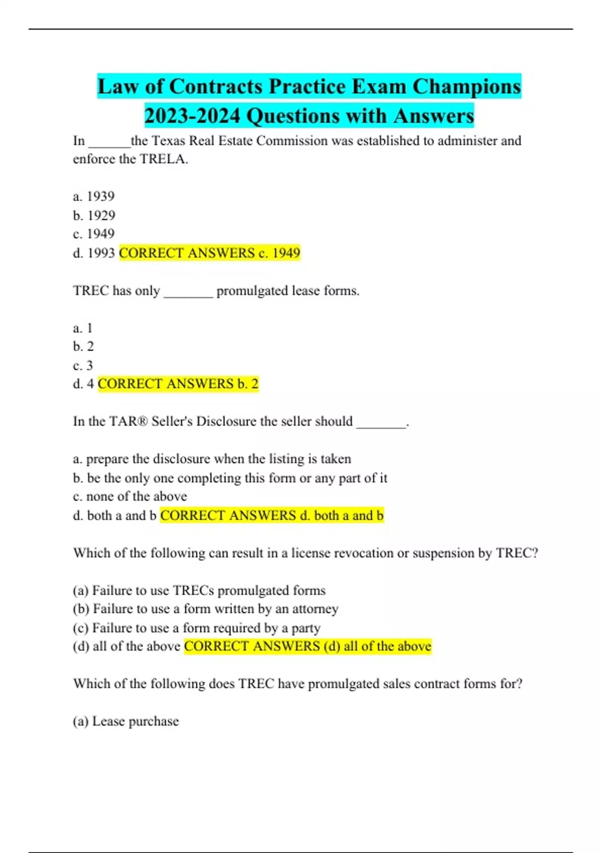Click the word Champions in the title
tap(467, 86)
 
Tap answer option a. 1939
tap(94, 196)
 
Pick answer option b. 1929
tap(94, 215)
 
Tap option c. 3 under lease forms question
tap(83, 365)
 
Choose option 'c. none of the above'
tap(130, 496)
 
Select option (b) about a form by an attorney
tap(206, 609)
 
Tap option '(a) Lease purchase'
tap(126, 721)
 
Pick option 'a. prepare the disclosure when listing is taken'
tap(212, 459)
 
